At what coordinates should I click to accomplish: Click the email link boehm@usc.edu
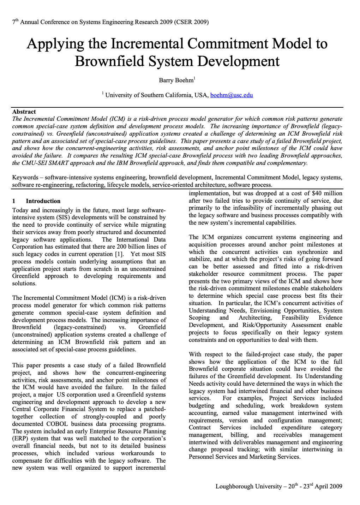(x=232, y=95)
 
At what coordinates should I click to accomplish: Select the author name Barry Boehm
(x=176, y=80)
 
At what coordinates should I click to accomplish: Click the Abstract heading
(x=24, y=112)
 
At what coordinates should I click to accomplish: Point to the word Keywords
(x=25, y=177)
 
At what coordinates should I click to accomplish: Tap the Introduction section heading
(x=43, y=201)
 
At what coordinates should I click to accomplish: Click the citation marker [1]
(x=119, y=254)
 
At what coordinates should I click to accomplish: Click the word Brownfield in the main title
(x=109, y=61)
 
